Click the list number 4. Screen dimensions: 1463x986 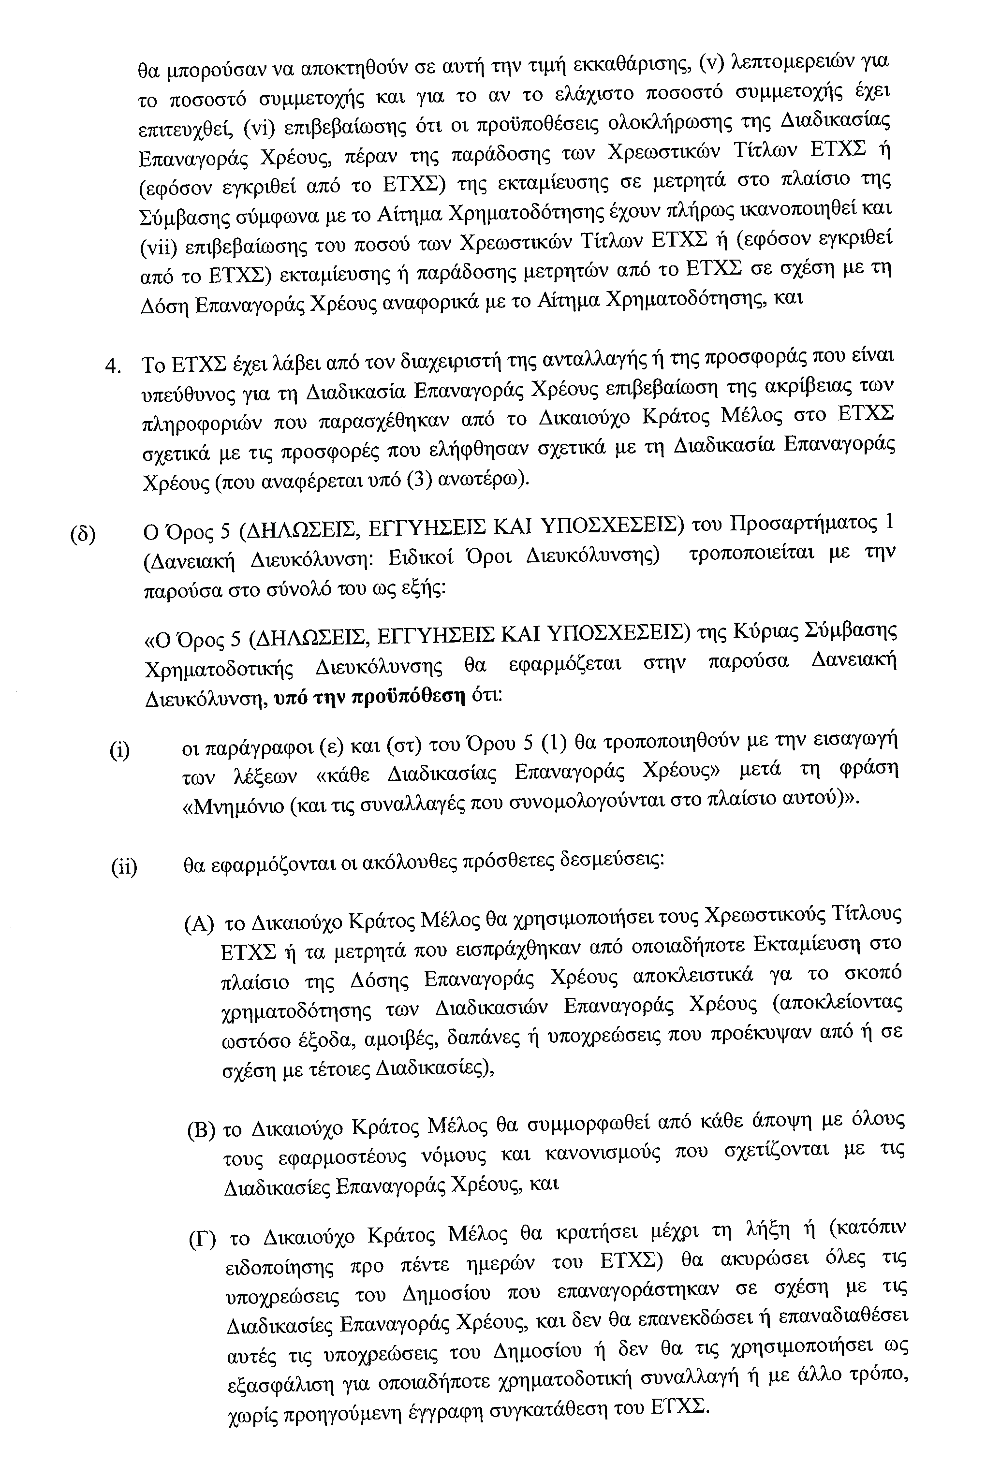tap(113, 366)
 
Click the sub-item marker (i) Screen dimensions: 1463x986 tap(119, 750)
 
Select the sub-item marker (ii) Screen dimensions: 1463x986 tap(124, 867)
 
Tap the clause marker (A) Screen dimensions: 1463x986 tap(199, 924)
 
